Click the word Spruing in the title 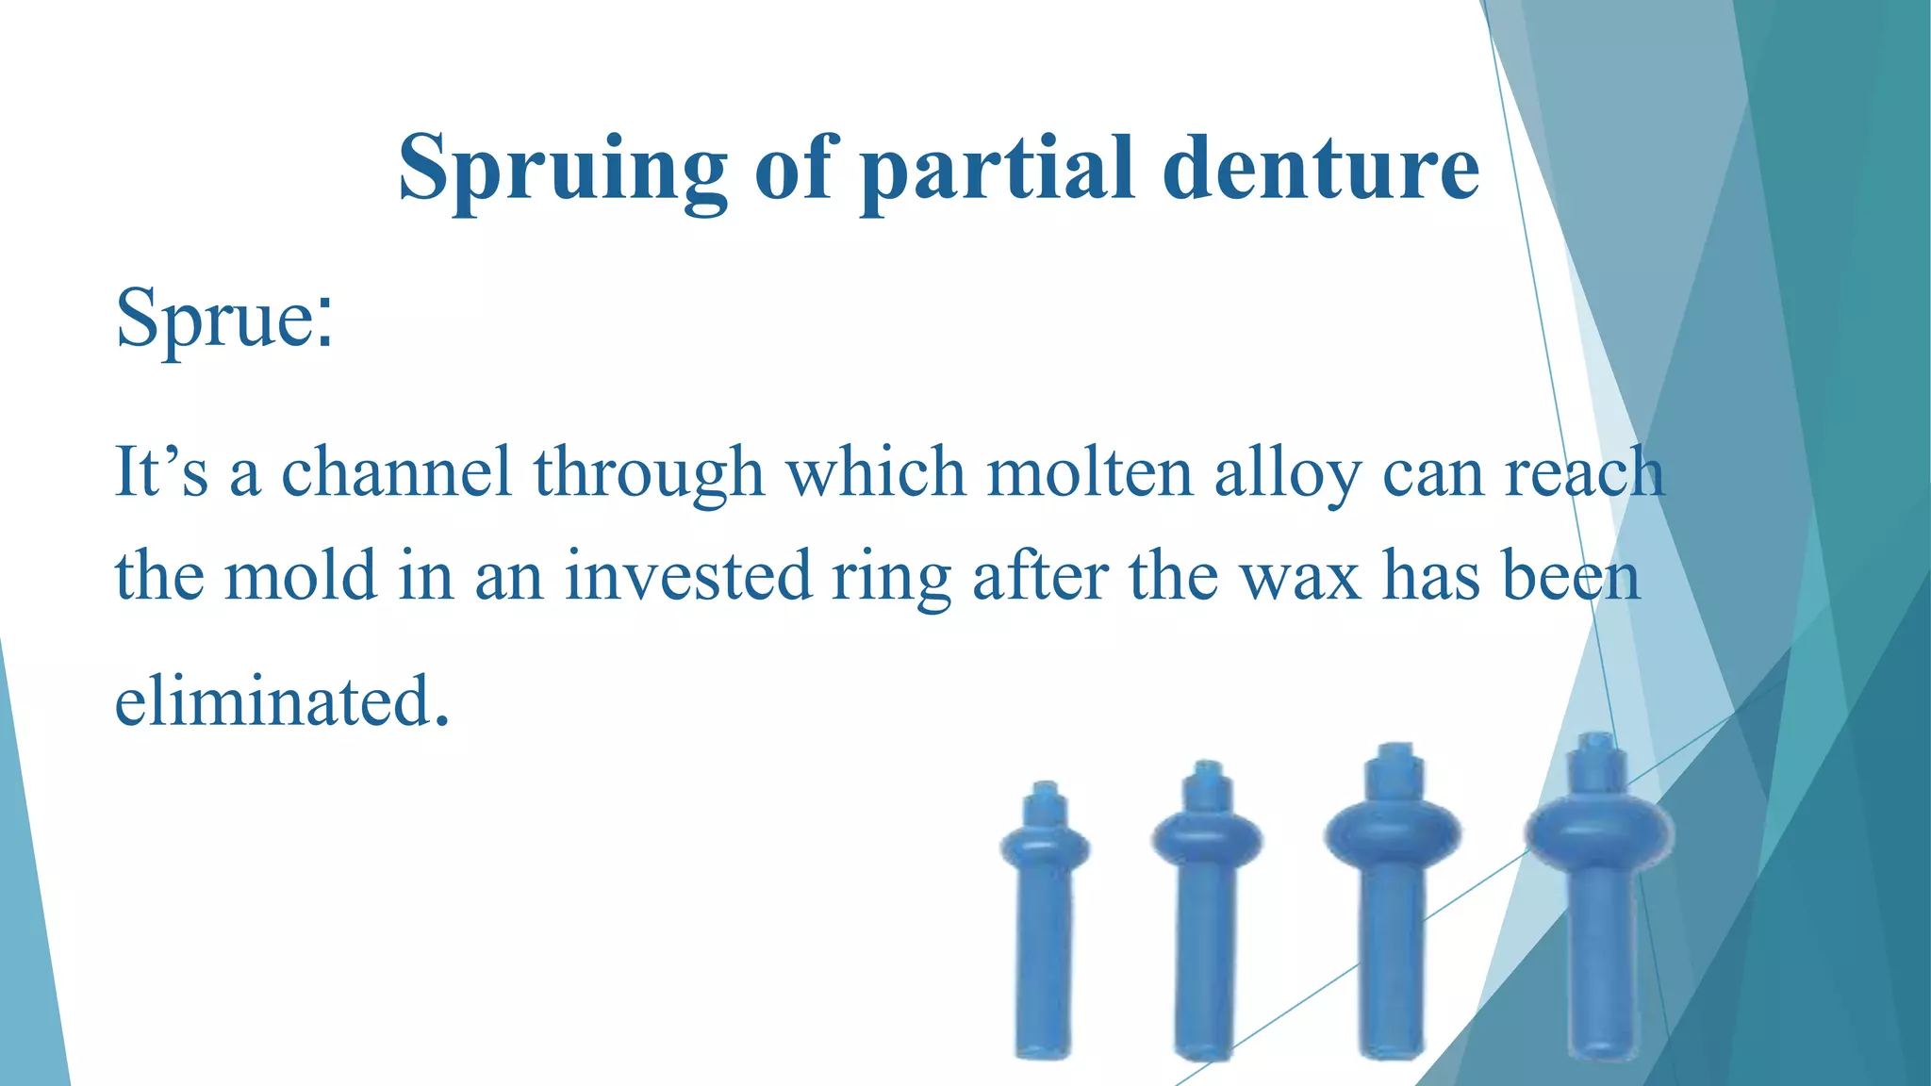tap(562, 170)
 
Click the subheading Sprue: tap(224, 319)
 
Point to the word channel tap(396, 471)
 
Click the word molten tap(1090, 471)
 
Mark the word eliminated tap(281, 701)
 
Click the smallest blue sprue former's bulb tap(1045, 846)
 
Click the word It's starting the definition tap(160, 471)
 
